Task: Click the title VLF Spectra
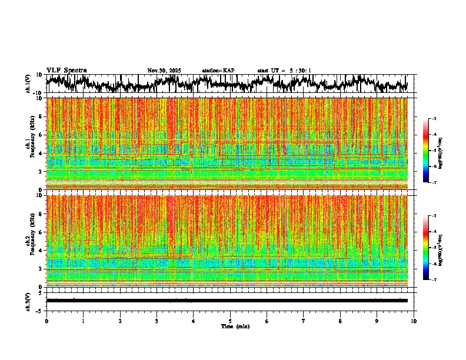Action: tap(66, 71)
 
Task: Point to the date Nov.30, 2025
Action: tap(164, 71)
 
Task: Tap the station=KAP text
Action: tap(218, 71)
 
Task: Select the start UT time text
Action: tap(284, 71)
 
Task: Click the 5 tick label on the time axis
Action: tap(230, 321)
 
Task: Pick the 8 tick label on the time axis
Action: tap(341, 321)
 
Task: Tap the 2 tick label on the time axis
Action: tap(120, 321)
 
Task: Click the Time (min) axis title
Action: tap(235, 326)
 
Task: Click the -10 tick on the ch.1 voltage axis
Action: tap(38, 93)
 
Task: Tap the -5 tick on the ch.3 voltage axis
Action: tap(40, 311)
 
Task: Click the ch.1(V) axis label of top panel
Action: tap(28, 84)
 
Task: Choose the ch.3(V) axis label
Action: tap(28, 300)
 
